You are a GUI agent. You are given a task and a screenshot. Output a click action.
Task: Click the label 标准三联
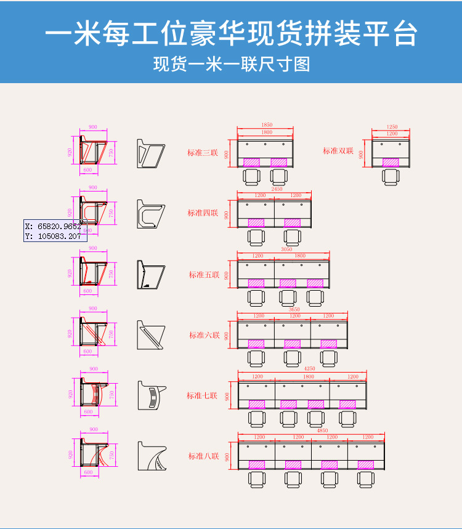point(203,153)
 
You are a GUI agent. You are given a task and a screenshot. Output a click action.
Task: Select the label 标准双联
point(338,151)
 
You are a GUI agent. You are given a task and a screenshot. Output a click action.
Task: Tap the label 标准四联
point(203,213)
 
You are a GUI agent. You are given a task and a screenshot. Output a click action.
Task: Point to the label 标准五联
point(204,275)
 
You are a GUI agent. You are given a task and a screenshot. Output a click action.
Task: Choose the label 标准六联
point(204,336)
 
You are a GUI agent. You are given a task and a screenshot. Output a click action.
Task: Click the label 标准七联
point(203,396)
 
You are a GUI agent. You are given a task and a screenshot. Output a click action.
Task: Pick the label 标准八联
point(203,456)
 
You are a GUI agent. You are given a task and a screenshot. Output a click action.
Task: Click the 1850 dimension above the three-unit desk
point(267,125)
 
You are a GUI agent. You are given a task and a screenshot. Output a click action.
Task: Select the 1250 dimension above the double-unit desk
point(392,127)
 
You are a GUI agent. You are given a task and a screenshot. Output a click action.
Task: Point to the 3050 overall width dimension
point(286,250)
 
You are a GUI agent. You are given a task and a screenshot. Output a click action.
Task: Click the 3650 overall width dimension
point(294,310)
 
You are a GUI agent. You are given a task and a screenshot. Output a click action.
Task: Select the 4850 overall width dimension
point(322,431)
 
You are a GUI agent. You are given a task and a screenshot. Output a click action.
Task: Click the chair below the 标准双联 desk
point(390,176)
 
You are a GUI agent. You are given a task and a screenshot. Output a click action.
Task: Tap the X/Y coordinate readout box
point(54,231)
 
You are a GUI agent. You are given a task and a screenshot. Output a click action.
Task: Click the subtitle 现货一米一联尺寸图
point(231,64)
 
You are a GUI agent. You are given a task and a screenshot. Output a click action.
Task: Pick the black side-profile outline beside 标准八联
point(152,456)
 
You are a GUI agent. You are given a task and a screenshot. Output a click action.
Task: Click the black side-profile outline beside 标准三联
point(151,154)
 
